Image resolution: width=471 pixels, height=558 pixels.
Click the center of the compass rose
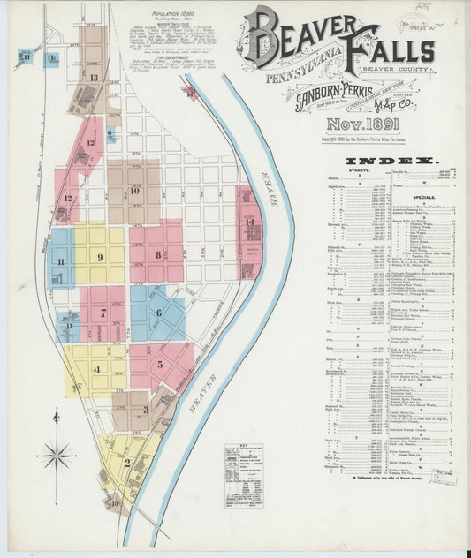click(x=57, y=456)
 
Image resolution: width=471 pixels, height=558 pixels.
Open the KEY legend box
click(x=243, y=474)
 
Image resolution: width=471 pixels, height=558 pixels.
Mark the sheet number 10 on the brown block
click(x=134, y=190)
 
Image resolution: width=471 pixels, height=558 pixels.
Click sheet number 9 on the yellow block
click(x=100, y=257)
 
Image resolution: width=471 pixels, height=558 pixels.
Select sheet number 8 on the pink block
click(x=157, y=254)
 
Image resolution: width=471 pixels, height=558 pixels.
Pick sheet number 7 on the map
click(x=103, y=312)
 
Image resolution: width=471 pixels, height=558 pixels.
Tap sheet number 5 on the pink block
click(x=160, y=363)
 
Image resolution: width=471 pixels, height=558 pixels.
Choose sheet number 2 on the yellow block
click(x=127, y=461)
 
